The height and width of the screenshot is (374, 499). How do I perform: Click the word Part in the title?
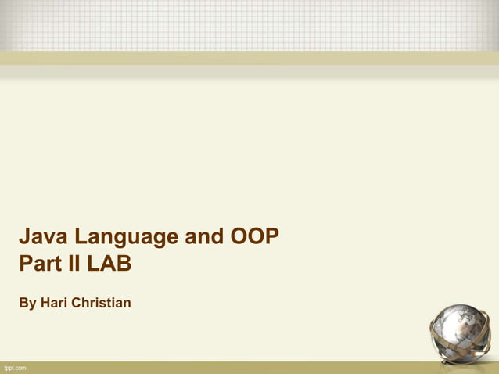pyautogui.click(x=40, y=264)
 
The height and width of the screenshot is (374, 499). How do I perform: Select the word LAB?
pyautogui.click(x=109, y=264)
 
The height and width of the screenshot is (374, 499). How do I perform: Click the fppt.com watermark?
pyautogui.click(x=15, y=368)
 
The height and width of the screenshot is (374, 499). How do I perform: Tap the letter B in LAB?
pyautogui.click(x=124, y=264)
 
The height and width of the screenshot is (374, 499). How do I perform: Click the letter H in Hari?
pyautogui.click(x=45, y=302)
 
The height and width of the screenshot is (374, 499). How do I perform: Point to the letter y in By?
pyautogui.click(x=32, y=304)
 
